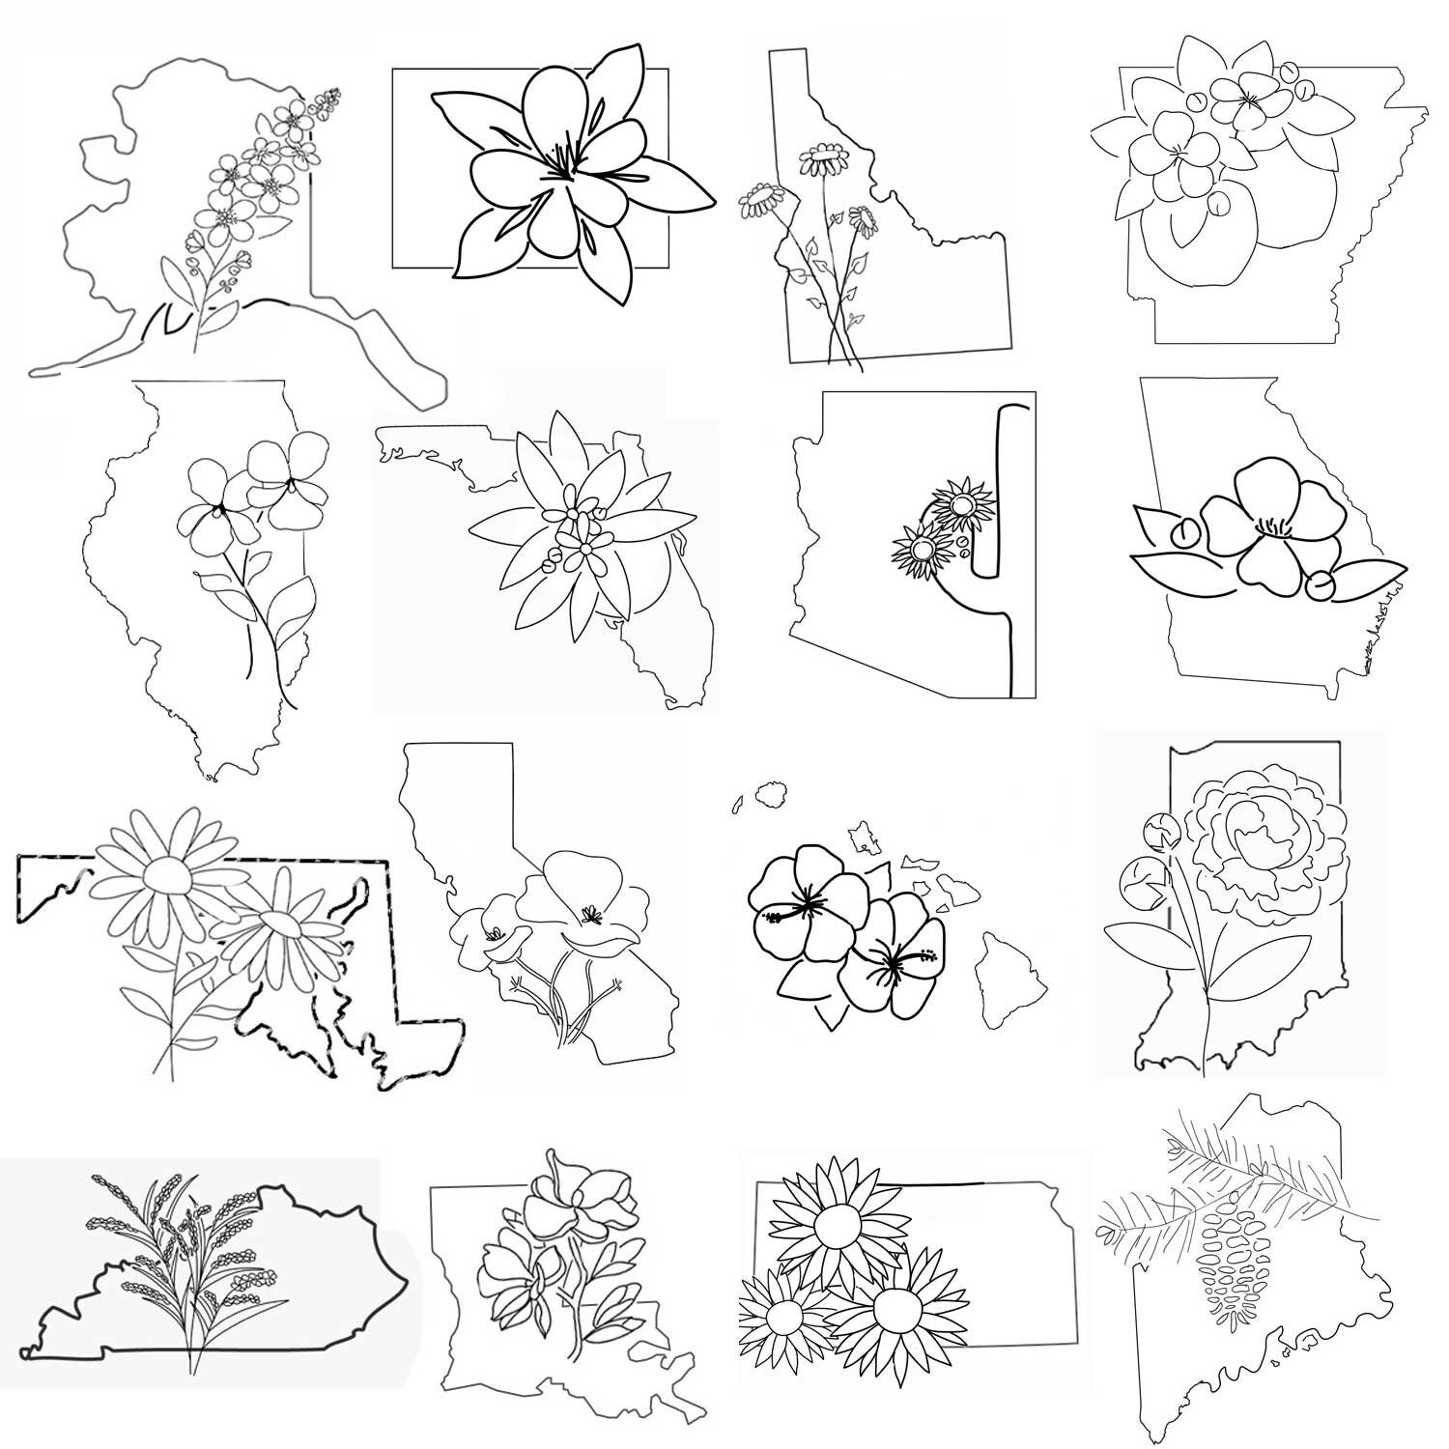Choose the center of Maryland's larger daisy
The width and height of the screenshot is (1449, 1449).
point(170,876)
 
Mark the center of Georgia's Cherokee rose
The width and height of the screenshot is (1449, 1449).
point(1274,526)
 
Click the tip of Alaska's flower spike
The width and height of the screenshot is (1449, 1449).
point(334,94)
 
